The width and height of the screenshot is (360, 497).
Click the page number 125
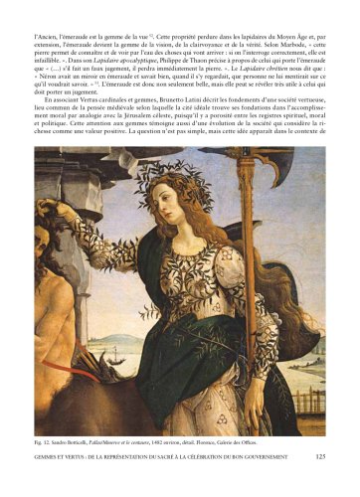[320, 484]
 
